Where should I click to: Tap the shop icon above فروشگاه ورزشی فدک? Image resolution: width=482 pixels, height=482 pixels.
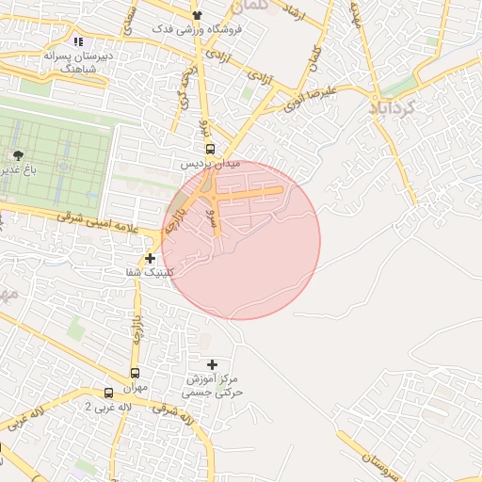click(197, 15)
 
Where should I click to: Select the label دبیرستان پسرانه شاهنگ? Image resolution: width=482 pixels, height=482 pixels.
click(80, 62)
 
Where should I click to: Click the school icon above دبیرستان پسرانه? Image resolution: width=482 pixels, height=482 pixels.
click(78, 42)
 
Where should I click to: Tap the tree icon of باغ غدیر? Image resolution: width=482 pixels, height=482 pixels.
click(18, 154)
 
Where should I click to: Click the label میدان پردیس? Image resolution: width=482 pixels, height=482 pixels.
click(211, 164)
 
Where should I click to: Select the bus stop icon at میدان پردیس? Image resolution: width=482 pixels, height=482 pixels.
click(209, 148)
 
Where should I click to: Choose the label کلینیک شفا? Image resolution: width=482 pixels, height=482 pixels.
click(151, 273)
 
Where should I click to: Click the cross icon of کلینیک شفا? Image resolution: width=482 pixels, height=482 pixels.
click(151, 258)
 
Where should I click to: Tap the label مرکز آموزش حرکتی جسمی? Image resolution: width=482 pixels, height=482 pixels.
click(213, 384)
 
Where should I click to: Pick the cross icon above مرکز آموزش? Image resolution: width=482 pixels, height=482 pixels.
click(212, 364)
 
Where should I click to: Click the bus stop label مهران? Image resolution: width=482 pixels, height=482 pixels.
click(135, 388)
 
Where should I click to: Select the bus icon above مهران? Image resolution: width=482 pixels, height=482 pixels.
click(135, 374)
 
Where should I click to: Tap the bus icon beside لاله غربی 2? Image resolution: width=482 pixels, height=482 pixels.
click(109, 393)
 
